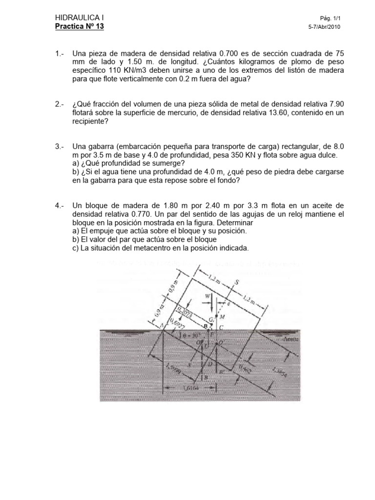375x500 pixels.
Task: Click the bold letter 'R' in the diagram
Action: coord(206,325)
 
